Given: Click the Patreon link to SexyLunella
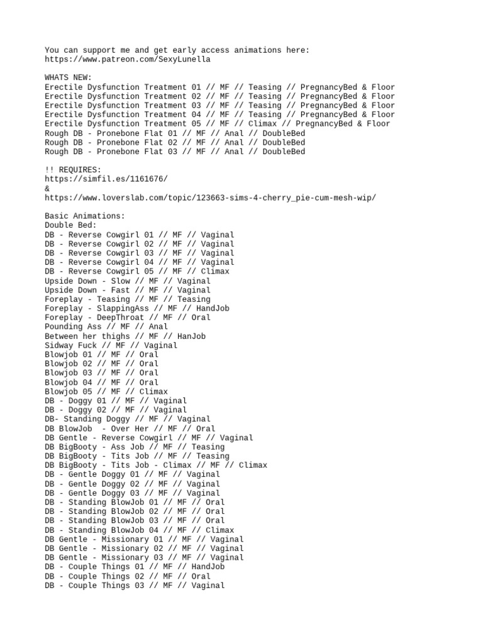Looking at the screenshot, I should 128,60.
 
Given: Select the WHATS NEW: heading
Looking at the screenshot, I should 69,78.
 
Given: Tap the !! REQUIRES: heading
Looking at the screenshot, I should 73,170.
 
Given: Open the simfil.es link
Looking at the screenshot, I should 106,179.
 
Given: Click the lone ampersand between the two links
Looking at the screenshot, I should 47,189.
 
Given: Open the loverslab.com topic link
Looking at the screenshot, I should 211,198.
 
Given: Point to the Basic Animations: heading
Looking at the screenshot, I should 85,216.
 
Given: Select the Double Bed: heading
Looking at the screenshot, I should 71,225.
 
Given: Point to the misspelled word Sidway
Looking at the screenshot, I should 59,345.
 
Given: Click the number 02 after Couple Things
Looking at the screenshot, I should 145,576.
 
